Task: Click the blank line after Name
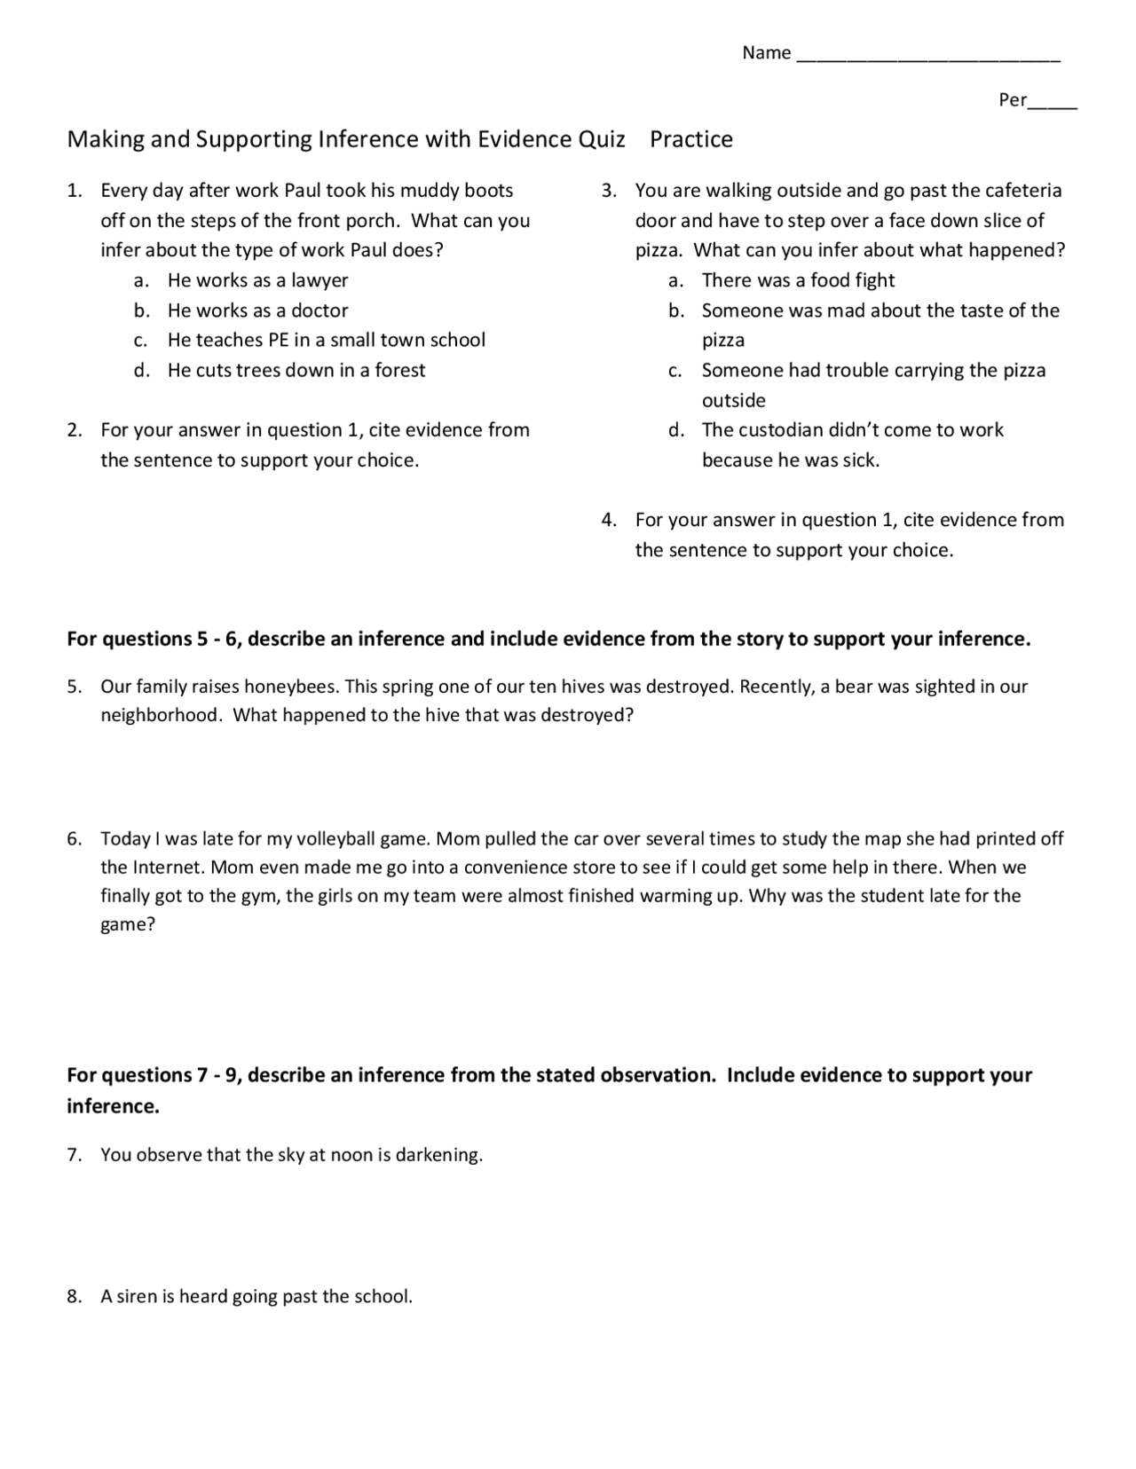click(x=928, y=55)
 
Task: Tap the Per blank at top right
click(x=1053, y=101)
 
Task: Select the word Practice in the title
click(x=691, y=139)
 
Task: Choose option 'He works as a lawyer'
click(x=257, y=280)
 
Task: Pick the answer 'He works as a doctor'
click(x=257, y=310)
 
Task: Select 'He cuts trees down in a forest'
click(x=296, y=370)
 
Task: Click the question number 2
click(x=75, y=430)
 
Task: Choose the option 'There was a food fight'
click(x=798, y=280)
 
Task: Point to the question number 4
click(x=608, y=520)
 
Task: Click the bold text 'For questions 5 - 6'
click(x=153, y=640)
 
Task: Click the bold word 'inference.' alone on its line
click(x=113, y=1106)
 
